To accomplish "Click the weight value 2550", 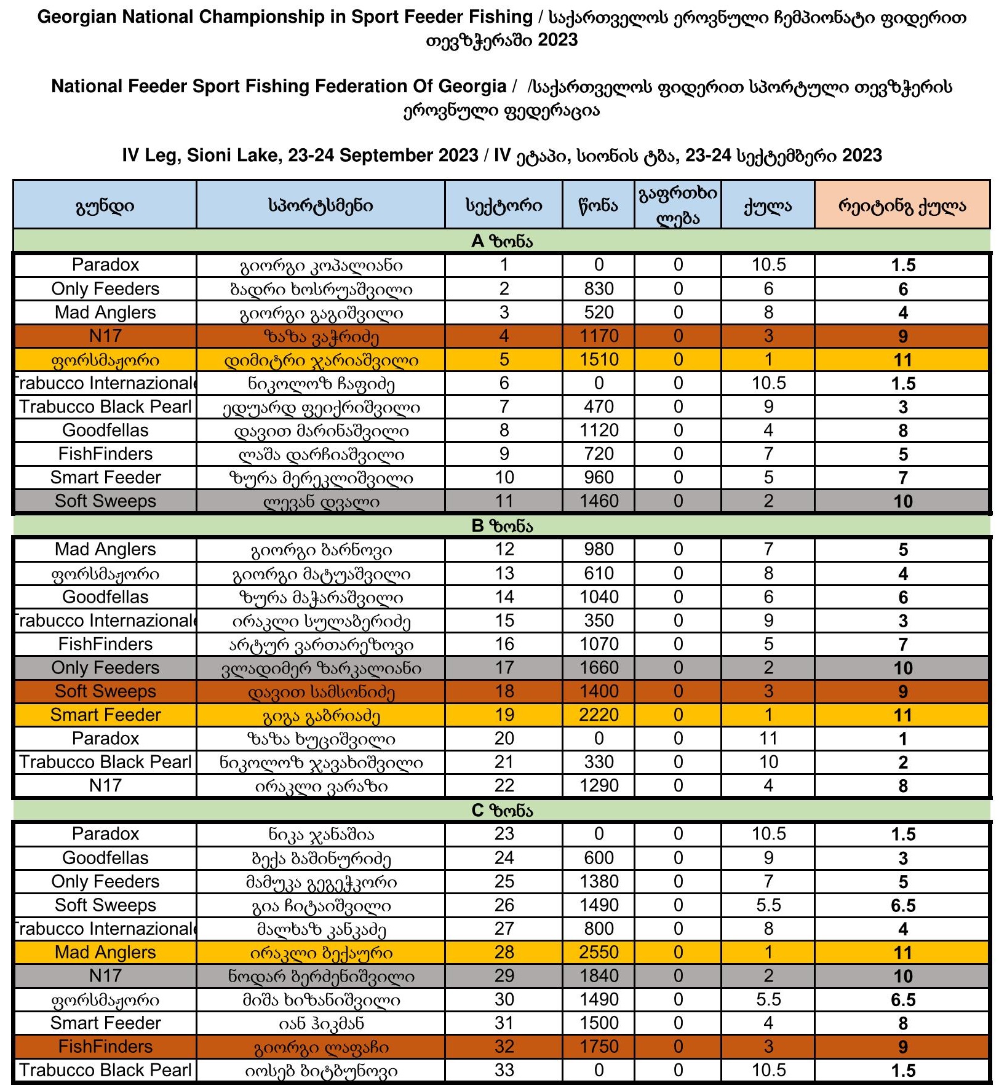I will (599, 952).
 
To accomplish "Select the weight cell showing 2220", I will (599, 715).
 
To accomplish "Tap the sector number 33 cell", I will (504, 1070).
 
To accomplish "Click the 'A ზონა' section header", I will (501, 241).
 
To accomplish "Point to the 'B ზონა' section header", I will (501, 526).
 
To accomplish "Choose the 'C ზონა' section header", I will (501, 811).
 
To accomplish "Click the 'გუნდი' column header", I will (105, 205).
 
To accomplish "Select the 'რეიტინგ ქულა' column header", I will (902, 205).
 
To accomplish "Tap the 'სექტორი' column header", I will (504, 205).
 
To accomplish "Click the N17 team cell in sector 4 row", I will (105, 336).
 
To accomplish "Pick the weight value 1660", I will (599, 667).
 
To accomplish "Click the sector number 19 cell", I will (504, 715).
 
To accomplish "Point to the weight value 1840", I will (599, 975).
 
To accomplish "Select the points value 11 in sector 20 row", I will (768, 738).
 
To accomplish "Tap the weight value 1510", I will (599, 359).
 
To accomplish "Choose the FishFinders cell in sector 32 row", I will (105, 1046).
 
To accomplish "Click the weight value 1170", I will (599, 336).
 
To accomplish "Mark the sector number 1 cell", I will (504, 264).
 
